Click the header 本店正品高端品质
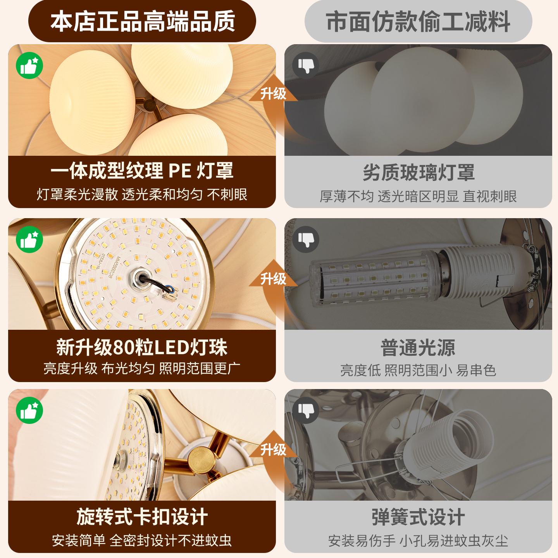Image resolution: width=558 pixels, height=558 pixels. pos(143,21)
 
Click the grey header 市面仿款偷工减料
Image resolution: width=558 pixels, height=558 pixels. pos(418,21)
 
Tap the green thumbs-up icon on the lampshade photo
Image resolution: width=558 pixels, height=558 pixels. pos(29,65)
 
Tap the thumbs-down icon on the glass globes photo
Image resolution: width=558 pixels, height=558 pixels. pos(306,65)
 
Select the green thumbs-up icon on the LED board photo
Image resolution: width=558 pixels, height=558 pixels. pos(29,239)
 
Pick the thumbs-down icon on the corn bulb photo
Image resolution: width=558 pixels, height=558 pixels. pos(306,239)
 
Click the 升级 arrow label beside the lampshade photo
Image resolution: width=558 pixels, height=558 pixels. pos(273,94)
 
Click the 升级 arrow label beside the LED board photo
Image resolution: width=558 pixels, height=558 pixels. pos(273,279)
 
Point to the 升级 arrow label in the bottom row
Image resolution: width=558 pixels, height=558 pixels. pos(273,450)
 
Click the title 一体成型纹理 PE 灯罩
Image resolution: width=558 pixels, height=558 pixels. pos(142,170)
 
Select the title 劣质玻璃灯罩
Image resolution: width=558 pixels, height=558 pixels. pos(418,172)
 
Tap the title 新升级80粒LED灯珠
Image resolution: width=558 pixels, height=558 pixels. pos(142,347)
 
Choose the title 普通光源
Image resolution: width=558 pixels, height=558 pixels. pos(418,348)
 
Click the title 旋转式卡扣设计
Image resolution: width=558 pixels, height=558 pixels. pos(142,517)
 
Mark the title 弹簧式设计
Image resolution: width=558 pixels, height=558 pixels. pos(418,517)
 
